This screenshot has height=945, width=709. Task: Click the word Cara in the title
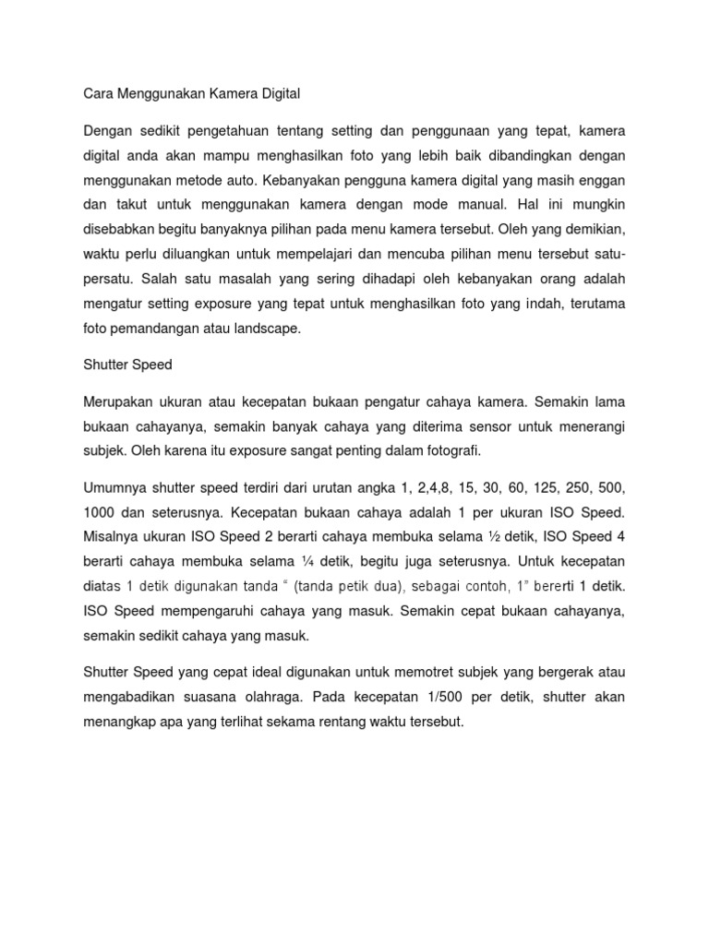click(99, 93)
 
